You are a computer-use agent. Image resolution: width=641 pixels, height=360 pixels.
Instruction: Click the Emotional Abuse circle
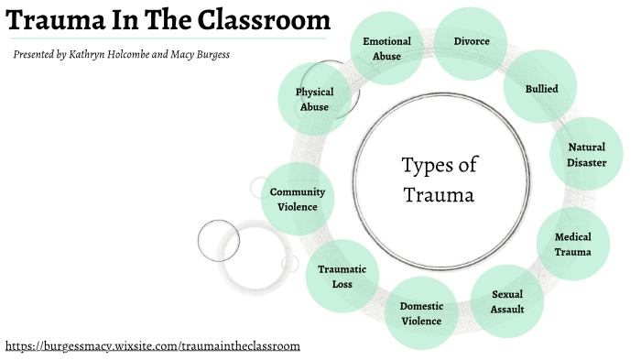386,48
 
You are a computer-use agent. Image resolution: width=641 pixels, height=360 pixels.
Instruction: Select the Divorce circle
472,42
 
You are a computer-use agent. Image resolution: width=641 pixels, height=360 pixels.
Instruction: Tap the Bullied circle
541,89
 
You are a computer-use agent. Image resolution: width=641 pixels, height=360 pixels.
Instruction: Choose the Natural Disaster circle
586,154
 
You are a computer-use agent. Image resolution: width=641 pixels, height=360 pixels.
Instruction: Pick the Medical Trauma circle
572,245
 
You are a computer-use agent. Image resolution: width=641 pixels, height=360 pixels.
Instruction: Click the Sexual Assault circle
506,301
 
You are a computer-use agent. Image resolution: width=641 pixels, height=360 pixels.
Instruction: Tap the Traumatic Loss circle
342,276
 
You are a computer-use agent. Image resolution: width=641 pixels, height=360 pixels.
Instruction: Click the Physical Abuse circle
314,99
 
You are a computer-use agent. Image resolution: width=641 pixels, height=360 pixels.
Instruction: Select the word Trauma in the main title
49,20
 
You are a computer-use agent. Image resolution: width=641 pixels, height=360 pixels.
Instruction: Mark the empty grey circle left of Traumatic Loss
217,239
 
